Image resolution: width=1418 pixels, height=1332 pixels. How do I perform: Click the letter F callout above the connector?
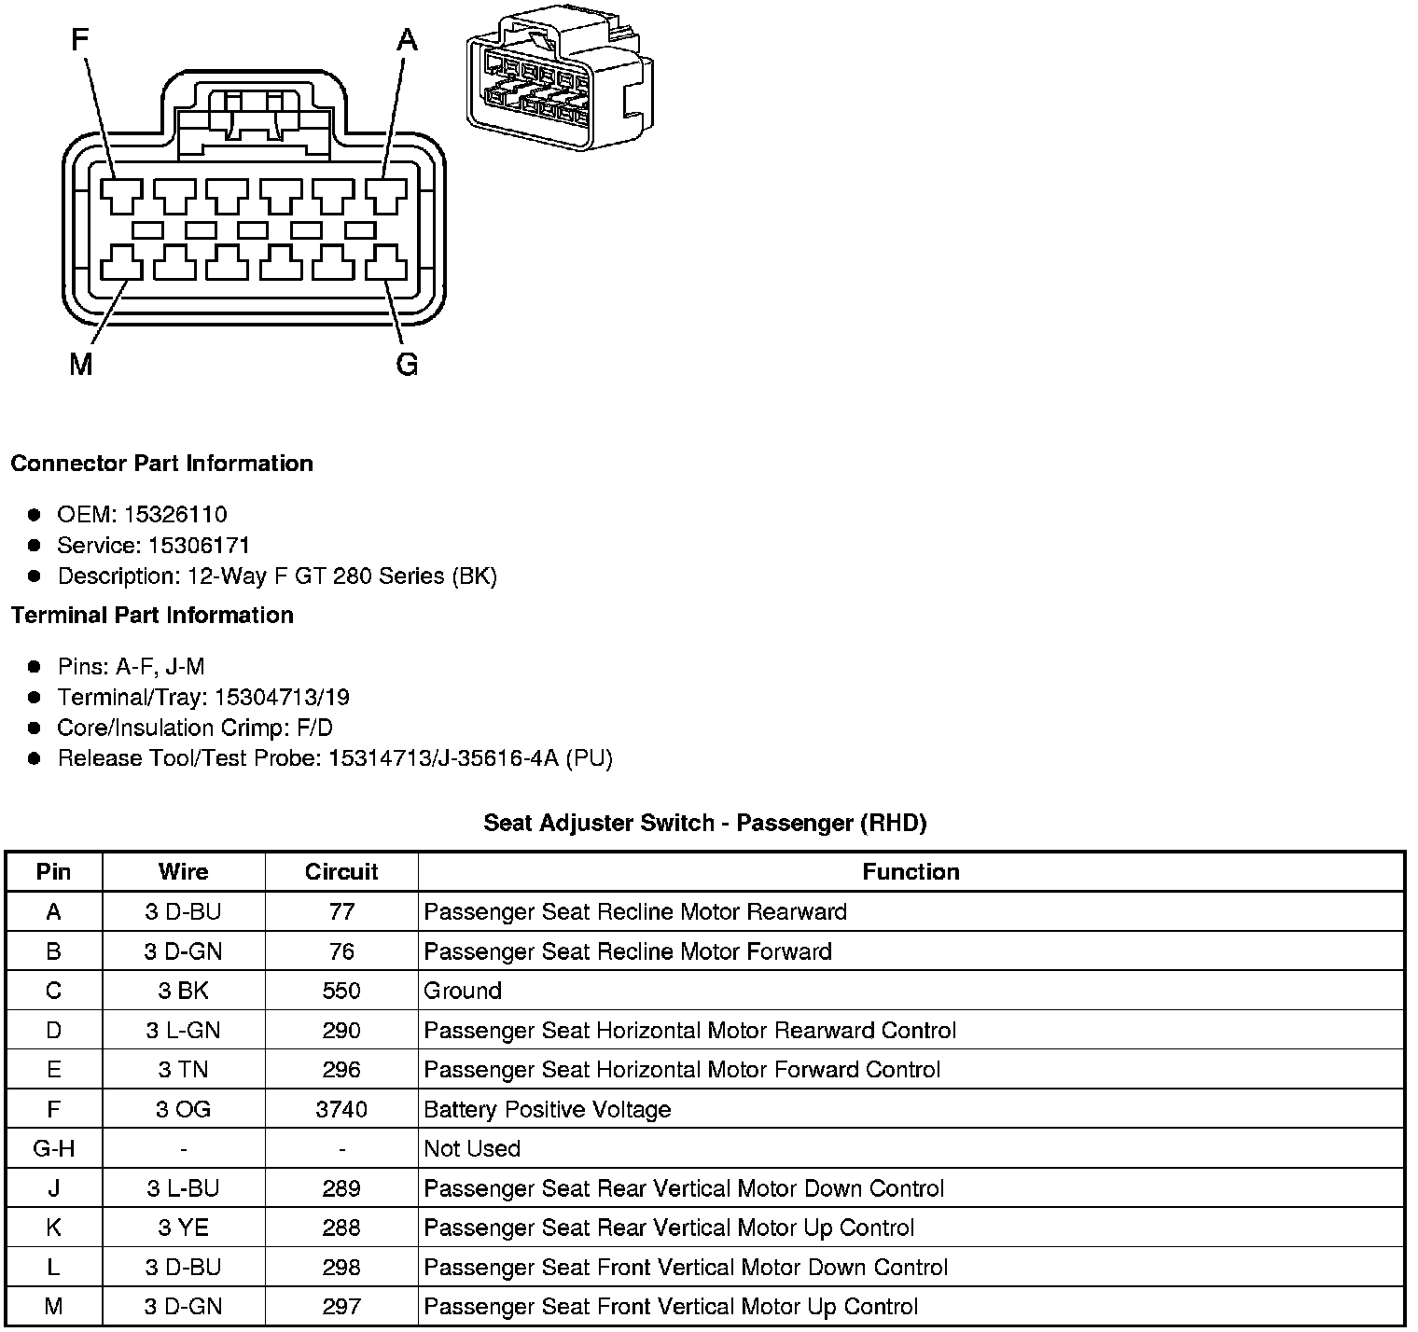coord(81,41)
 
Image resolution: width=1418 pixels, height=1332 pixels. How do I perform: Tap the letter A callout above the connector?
coord(408,41)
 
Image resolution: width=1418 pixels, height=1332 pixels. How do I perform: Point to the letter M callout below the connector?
coord(81,365)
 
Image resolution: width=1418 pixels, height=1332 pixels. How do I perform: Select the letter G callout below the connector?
coord(407,365)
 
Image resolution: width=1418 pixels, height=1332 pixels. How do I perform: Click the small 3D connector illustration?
coord(559,83)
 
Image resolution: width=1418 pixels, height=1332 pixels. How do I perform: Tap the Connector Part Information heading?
coord(161,464)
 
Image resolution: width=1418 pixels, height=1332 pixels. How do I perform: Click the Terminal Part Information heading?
coord(152,616)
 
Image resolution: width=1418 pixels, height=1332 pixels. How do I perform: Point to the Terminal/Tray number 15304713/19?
coord(282,698)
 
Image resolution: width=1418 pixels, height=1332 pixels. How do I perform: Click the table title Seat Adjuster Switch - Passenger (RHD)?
coord(704,823)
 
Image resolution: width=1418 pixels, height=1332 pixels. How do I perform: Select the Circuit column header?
coord(341,872)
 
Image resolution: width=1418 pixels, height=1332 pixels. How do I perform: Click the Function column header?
coord(911,872)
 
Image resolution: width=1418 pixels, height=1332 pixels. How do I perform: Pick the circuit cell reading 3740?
coord(341,1110)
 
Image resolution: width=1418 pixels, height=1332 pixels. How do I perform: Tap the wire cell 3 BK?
coord(183,991)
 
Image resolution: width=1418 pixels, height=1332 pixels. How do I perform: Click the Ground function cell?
coord(463,991)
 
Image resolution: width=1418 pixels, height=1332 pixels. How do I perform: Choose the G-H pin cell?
coord(53,1149)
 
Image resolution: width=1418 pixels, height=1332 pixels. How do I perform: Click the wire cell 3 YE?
coord(183,1228)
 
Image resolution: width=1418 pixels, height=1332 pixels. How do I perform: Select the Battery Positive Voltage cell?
coord(547,1110)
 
